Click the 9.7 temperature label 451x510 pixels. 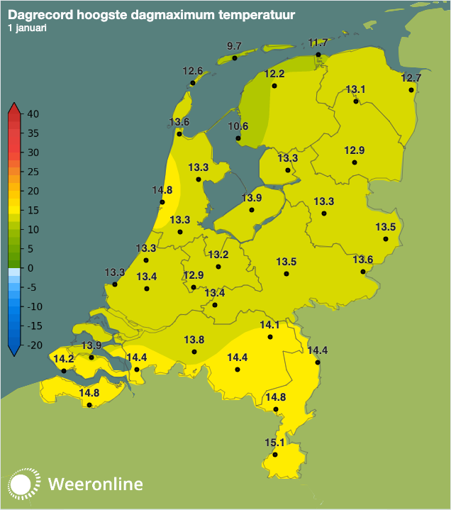tap(234, 46)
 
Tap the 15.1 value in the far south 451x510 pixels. tap(274, 443)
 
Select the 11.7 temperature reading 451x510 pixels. tap(318, 43)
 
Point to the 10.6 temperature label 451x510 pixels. tap(238, 127)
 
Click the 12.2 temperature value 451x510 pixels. tap(274, 74)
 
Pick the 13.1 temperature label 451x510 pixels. tap(355, 89)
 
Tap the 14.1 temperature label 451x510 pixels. tap(270, 325)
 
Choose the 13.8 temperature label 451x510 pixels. tap(194, 340)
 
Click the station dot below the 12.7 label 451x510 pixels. tap(411, 90)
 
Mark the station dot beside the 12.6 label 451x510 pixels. tap(192, 83)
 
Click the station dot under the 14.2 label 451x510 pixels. tap(64, 371)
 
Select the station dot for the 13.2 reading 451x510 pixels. tap(218, 267)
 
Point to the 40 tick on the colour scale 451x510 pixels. tap(33, 114)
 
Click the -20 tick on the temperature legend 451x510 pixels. tap(33, 345)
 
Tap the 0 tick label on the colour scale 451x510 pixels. tap(30, 268)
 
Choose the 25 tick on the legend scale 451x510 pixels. tap(33, 172)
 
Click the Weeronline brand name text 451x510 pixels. tap(96, 484)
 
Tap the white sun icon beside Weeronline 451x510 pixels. tap(22, 484)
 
